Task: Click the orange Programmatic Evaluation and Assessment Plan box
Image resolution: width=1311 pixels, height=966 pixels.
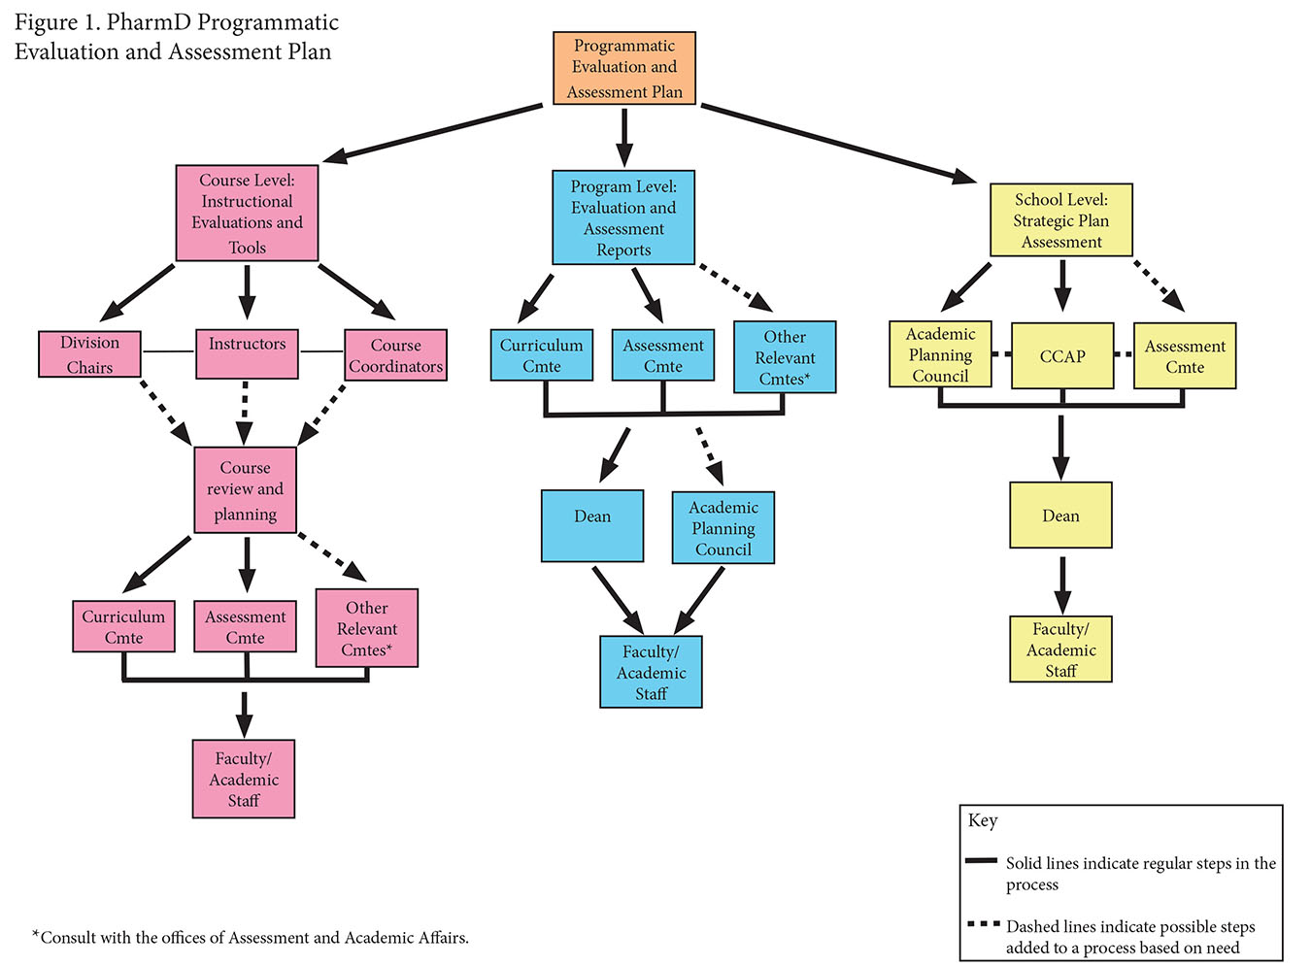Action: coord(624,68)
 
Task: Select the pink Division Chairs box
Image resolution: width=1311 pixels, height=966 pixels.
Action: coord(89,354)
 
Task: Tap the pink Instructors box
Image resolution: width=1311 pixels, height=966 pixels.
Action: coord(247,353)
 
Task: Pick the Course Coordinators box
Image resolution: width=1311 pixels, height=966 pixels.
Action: coord(395,355)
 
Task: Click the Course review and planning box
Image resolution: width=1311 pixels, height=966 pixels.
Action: coord(245,490)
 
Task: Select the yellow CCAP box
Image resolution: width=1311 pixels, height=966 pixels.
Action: coord(1062,356)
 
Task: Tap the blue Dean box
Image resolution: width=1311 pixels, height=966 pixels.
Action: coord(592,525)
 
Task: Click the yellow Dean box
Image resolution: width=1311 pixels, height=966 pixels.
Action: coord(1060,516)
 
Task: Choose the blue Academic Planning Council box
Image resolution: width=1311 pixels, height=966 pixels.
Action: coord(723,528)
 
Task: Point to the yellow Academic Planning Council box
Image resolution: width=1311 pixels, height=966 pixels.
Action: coord(940,354)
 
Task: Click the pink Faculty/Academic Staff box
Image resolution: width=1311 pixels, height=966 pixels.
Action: coord(244,779)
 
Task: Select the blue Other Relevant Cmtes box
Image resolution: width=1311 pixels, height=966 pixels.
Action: coord(785,357)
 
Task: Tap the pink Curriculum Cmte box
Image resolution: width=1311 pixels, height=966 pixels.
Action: coord(123,626)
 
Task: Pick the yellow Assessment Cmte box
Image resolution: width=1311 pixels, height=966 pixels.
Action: coord(1185,356)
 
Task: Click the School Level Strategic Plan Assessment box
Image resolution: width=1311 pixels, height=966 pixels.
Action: coord(1061,220)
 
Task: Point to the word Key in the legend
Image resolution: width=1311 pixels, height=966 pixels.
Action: coord(983,820)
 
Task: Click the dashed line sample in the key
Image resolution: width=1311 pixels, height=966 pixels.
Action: coord(983,924)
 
